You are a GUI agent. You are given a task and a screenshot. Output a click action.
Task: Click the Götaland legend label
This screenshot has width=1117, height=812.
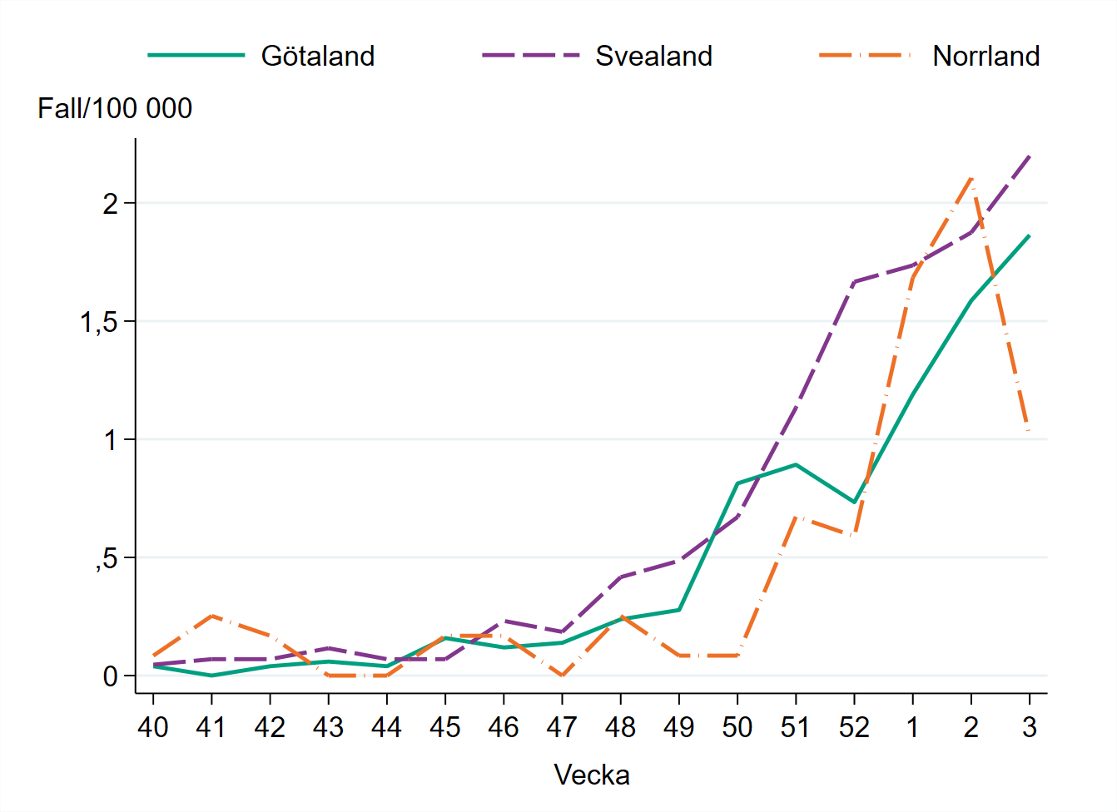(317, 56)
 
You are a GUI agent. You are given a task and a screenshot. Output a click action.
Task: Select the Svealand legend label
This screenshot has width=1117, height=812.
(653, 56)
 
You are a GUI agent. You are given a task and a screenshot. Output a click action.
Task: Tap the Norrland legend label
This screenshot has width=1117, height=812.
(985, 56)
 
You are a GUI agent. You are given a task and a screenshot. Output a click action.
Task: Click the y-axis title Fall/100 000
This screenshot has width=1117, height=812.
(115, 108)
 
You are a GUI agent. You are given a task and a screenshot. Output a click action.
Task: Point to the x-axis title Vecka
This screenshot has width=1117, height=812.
(592, 775)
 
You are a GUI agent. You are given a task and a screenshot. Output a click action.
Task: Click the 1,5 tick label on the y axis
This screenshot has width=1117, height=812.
(99, 322)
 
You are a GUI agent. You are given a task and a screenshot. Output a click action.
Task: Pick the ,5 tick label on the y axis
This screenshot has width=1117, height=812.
(106, 558)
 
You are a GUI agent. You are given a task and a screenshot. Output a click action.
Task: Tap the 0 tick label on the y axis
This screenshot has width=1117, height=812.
(111, 676)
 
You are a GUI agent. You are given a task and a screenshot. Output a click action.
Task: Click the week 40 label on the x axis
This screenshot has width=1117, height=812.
(153, 727)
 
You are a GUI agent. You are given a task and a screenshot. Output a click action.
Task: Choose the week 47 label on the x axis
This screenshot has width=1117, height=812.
(562, 727)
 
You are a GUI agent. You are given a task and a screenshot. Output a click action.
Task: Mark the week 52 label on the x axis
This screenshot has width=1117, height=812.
(854, 727)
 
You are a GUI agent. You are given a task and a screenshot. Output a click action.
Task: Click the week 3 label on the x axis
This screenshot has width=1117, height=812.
(1030, 727)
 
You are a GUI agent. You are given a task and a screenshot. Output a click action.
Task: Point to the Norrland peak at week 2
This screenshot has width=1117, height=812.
(971, 177)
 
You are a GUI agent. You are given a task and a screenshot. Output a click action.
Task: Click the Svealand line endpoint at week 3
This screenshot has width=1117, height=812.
(1030, 156)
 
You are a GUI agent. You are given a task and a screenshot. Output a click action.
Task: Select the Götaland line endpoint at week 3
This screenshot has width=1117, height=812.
(1030, 235)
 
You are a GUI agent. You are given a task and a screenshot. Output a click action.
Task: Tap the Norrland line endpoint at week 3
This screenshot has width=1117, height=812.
(1030, 430)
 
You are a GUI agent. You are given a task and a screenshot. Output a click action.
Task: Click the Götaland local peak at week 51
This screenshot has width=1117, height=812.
(796, 464)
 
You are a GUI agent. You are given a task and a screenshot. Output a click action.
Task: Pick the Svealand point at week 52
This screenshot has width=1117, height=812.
(855, 282)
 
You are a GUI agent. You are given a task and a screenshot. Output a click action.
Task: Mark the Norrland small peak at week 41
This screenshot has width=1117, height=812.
(211, 616)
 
